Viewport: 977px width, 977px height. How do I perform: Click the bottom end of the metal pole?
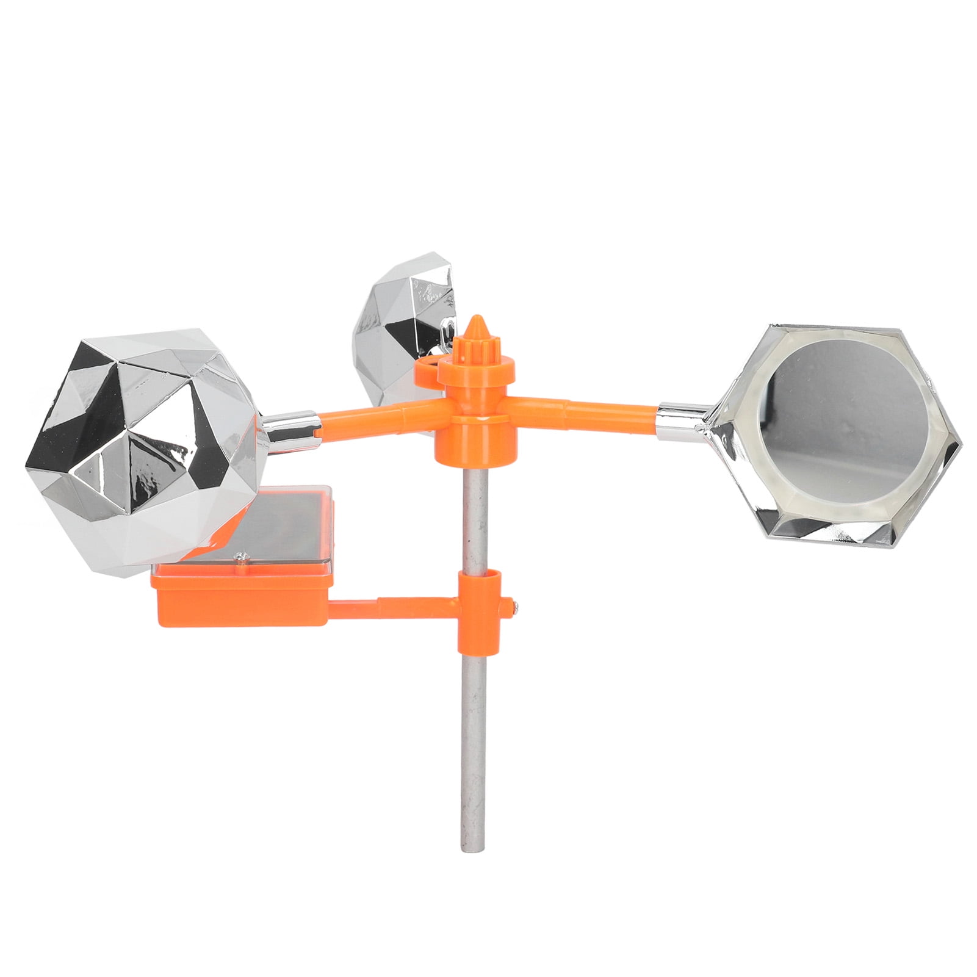click(x=466, y=845)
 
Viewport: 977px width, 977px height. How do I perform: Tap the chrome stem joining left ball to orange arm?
click(x=290, y=425)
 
